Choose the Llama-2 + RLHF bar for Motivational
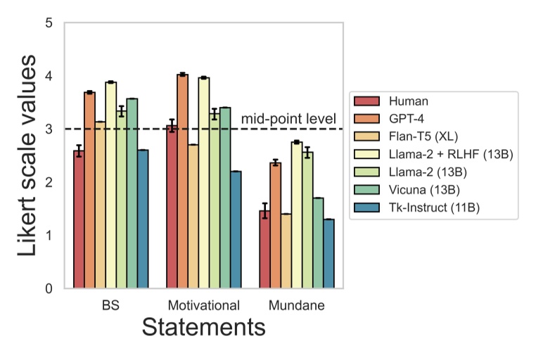click(x=204, y=183)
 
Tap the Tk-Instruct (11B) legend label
click(x=428, y=207)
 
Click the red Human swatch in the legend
click(x=367, y=101)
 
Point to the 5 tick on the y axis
click(x=49, y=23)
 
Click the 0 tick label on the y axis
click(x=49, y=288)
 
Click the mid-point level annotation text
click(x=288, y=119)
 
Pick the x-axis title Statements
click(x=203, y=328)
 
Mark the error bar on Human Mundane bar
click(x=265, y=210)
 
